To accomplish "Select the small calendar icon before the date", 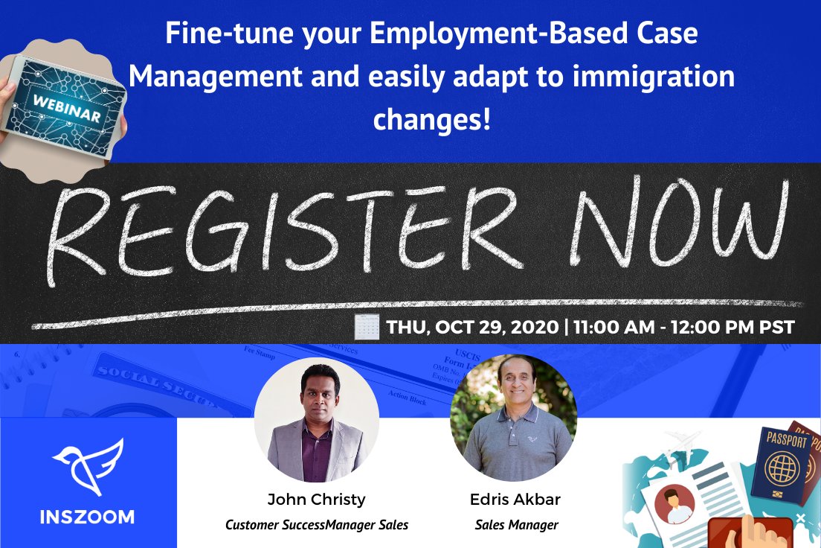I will (367, 327).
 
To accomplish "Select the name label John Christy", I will (317, 499).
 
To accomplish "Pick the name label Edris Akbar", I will (515, 499).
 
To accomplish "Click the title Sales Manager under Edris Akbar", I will (516, 525).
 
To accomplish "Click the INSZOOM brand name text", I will (87, 517).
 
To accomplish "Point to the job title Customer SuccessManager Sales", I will (317, 525).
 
